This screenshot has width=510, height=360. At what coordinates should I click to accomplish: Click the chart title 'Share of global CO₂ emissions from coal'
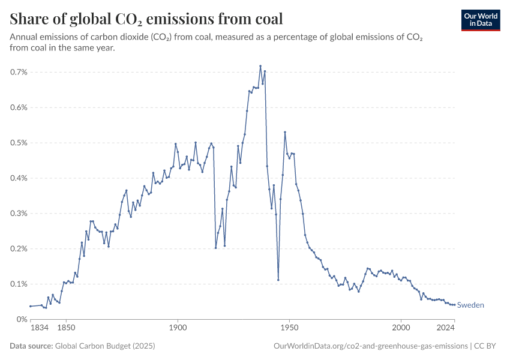click(146, 19)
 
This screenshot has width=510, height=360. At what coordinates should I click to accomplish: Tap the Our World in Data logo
click(481, 20)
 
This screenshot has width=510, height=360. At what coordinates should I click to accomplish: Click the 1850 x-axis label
click(66, 328)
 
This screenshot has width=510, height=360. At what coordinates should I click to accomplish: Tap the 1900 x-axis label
click(178, 328)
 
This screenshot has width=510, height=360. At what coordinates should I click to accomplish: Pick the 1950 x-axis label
click(289, 328)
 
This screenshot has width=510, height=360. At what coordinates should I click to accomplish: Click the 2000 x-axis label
click(401, 328)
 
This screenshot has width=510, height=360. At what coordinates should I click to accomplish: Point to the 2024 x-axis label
click(445, 328)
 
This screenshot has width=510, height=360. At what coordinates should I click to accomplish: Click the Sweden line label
click(470, 305)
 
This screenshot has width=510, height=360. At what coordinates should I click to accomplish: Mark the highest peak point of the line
click(260, 66)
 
